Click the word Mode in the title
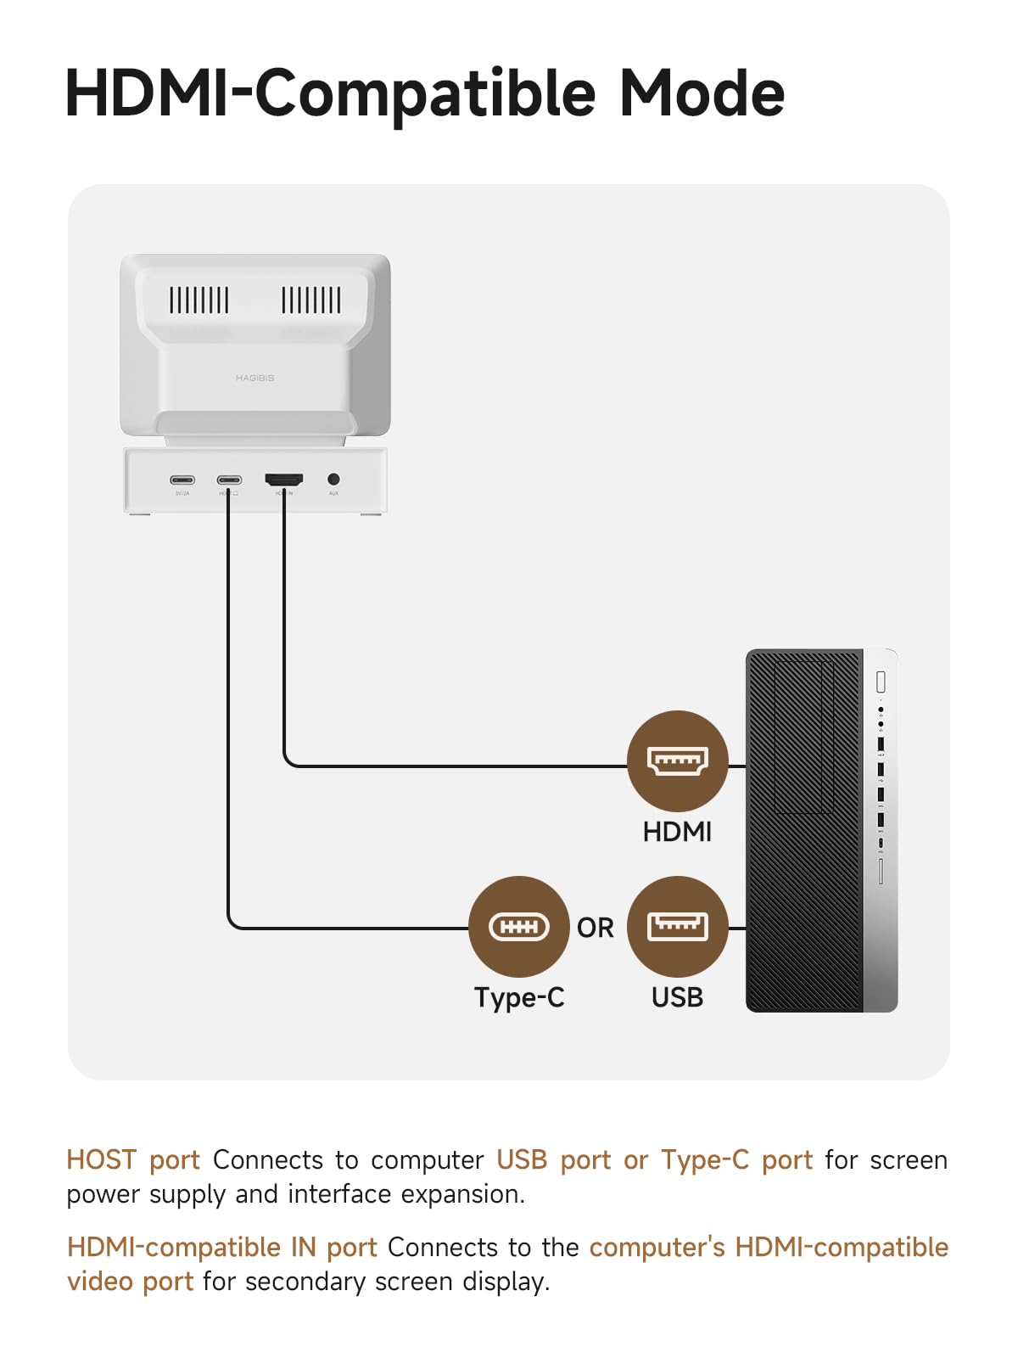(x=702, y=93)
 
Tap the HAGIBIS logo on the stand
(x=255, y=378)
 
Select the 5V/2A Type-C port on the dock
(x=182, y=480)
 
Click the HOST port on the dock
(x=229, y=480)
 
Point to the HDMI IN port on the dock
(x=284, y=480)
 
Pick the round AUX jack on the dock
(x=333, y=480)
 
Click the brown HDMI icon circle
(x=677, y=760)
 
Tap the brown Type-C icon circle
(x=518, y=926)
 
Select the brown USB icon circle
(x=677, y=926)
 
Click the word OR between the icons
(x=595, y=928)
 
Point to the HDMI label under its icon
(x=677, y=832)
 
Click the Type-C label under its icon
(x=518, y=997)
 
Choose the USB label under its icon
(x=677, y=997)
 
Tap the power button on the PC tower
(x=881, y=681)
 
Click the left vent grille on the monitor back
(x=199, y=300)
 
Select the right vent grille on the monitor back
(x=311, y=300)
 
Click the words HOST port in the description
(x=133, y=1159)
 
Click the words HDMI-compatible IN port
(x=222, y=1247)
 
